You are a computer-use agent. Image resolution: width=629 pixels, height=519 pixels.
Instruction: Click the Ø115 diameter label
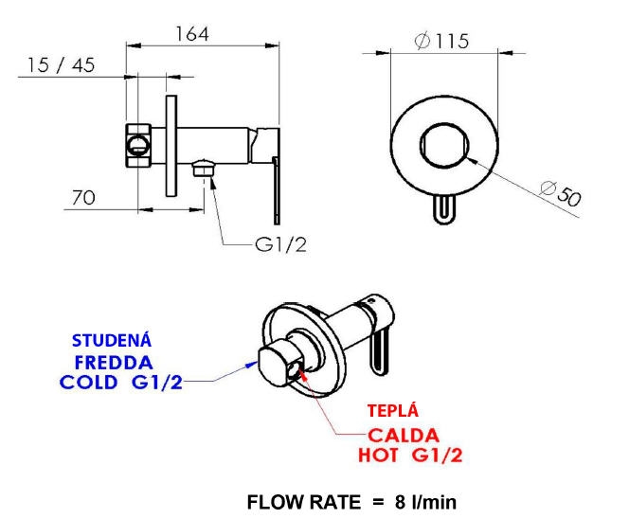(442, 42)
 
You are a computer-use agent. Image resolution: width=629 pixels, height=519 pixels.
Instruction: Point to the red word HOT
(380, 456)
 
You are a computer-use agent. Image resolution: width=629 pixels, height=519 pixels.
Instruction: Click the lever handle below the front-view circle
(442, 209)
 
